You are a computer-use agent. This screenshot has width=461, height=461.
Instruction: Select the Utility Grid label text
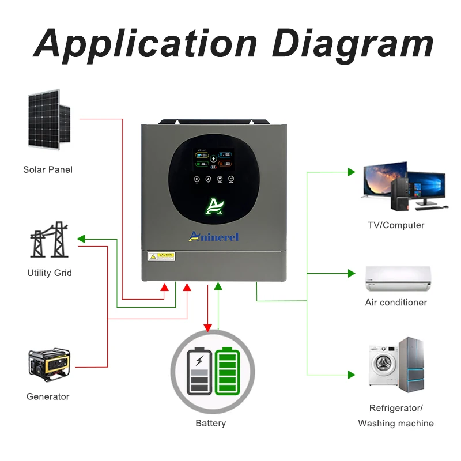50,273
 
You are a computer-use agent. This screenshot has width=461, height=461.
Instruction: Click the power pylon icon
49,239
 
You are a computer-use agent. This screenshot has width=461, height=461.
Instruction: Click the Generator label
48,396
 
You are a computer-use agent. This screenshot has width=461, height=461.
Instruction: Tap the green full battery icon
226,372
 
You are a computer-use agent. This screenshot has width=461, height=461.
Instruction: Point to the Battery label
211,424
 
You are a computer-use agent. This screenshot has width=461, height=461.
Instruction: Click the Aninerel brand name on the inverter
214,236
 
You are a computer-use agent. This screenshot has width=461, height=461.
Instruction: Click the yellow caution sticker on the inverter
161,256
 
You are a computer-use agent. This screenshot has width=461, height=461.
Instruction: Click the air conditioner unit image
397,279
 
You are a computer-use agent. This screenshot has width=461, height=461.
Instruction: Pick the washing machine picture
381,366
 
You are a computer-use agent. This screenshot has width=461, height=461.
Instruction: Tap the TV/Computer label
396,225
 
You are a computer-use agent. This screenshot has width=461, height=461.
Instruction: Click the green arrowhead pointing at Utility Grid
81,239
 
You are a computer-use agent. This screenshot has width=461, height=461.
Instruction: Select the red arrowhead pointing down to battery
208,328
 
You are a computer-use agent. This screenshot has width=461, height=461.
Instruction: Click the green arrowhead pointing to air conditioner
351,273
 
